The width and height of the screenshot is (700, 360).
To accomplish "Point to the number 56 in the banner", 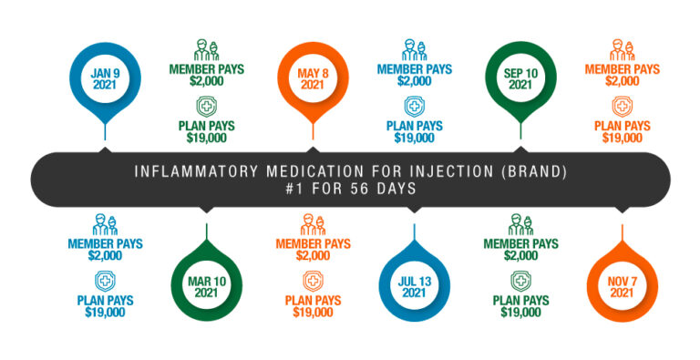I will [x=351, y=189].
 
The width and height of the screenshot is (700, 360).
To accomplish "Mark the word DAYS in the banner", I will [x=388, y=189].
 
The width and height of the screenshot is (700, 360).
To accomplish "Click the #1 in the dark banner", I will [x=289, y=189].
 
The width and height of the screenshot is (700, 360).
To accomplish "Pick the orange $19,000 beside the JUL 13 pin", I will [x=312, y=313].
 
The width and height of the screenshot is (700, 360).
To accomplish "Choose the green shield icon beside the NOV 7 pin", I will [x=520, y=281].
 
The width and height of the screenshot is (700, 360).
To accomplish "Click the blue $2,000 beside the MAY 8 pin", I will [x=415, y=81].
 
